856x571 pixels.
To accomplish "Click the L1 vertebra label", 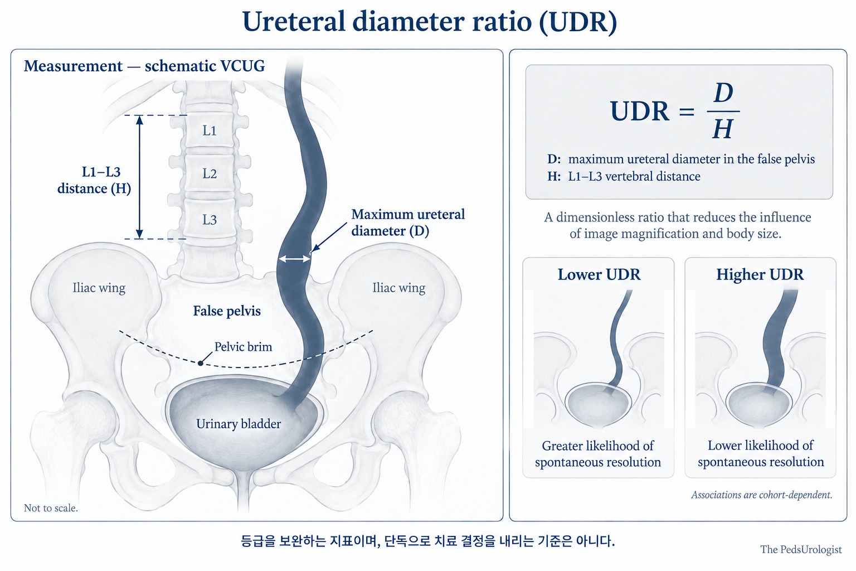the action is click(210, 131).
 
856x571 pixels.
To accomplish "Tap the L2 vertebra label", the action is click(210, 174).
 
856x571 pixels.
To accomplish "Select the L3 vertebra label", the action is click(210, 220).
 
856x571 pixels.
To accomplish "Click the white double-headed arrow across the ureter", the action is click(294, 259).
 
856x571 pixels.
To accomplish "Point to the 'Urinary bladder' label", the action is click(239, 424).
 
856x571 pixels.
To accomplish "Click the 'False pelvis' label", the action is click(227, 311).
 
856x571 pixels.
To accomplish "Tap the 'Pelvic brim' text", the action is click(243, 347).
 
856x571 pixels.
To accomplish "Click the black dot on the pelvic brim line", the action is click(201, 363).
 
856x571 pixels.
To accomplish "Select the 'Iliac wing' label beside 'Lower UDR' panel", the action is click(398, 288).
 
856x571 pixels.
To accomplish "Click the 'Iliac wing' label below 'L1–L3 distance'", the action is click(99, 288).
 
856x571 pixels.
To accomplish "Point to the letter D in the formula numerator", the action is click(723, 93).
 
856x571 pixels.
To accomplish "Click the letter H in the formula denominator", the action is click(723, 129).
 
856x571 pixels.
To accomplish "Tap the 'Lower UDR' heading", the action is click(599, 274).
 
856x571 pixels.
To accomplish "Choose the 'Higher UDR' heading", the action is click(760, 274).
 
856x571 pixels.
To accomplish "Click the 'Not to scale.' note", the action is click(51, 508).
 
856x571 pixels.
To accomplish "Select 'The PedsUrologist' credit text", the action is click(801, 550).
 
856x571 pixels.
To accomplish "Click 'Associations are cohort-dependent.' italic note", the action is click(762, 495).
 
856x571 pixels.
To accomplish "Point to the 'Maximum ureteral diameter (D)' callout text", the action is click(408, 222).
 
